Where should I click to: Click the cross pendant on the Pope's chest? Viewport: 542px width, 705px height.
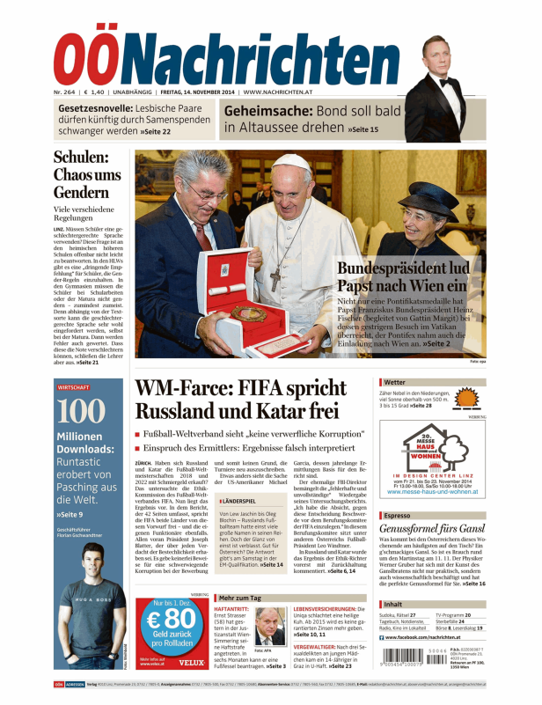click(275, 281)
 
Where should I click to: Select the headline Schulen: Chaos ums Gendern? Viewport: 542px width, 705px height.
click(87, 175)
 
